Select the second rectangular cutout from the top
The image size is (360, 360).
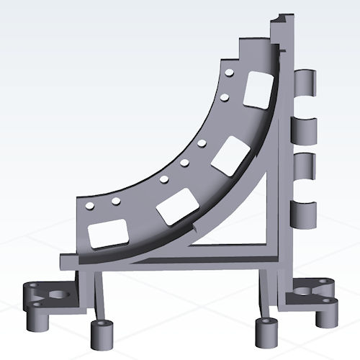point(229,156)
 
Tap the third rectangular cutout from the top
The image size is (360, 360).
point(176,207)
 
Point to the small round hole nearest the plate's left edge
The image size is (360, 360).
point(89,207)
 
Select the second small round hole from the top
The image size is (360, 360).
point(225,96)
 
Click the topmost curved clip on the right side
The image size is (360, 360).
point(306,82)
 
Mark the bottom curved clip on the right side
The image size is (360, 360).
point(305,214)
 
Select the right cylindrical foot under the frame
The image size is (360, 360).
point(264,330)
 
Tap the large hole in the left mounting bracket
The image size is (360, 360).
point(55,294)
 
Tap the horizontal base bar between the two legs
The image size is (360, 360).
point(180,266)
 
